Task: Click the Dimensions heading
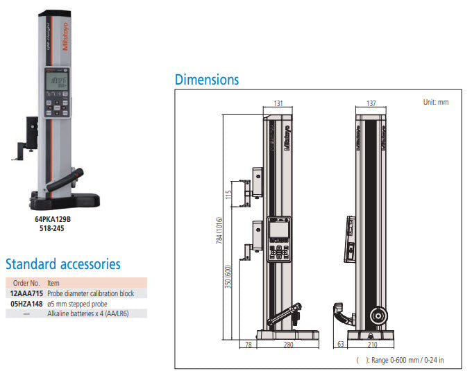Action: (x=207, y=80)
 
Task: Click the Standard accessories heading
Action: (x=63, y=264)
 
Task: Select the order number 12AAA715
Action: (x=26, y=293)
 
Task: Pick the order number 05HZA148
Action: (x=26, y=303)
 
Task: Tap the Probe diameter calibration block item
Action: (x=90, y=293)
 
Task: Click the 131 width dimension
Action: (x=278, y=103)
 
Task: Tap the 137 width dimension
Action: (x=371, y=103)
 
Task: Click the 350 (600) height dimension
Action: (x=227, y=277)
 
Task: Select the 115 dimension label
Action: (x=227, y=193)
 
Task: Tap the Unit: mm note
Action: (x=436, y=102)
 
